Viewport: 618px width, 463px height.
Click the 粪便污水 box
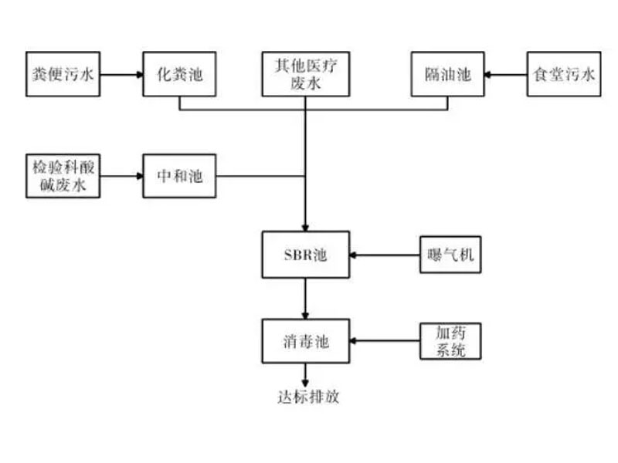tap(63, 74)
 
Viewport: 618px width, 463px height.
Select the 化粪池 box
tap(179, 74)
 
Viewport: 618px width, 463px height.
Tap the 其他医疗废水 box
tap(305, 74)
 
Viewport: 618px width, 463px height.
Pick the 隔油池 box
tap(448, 74)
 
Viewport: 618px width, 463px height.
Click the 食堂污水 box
tap(564, 74)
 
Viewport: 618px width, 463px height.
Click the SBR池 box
tap(305, 254)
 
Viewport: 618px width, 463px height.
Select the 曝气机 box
tap(449, 254)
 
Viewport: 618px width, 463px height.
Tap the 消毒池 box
tap(305, 340)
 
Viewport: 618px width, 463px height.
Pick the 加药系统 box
tap(449, 340)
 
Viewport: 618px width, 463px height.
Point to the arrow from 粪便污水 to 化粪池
tap(121, 75)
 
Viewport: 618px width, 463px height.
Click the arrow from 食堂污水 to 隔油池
tap(505, 75)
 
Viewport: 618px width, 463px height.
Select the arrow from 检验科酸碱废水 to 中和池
tap(121, 176)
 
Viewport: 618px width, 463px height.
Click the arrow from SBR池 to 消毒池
tap(306, 297)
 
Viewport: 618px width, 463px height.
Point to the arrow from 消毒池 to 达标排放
tap(306, 375)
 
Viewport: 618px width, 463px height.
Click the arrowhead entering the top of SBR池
tap(306, 225)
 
